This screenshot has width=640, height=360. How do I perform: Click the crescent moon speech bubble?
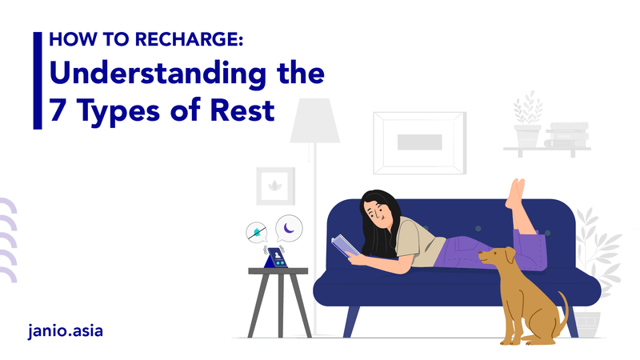(288, 229)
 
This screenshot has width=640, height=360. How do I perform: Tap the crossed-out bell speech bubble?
(257, 232)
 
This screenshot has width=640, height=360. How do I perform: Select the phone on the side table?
(274, 258)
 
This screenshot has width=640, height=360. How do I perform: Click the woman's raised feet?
(516, 192)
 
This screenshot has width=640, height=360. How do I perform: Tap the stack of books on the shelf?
(567, 135)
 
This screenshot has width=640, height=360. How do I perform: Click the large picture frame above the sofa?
(419, 142)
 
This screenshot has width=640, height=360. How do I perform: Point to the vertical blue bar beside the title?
(37, 79)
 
